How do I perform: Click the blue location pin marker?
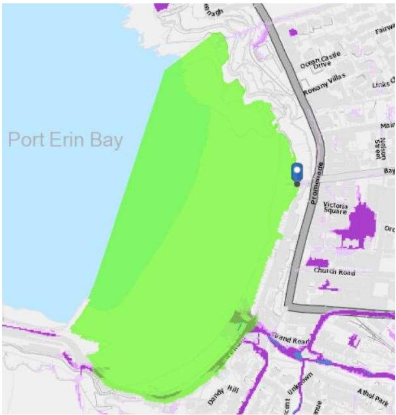click(297, 173)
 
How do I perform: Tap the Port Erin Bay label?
click(66, 140)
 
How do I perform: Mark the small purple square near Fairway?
click(292, 32)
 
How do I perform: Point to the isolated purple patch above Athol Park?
click(354, 341)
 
